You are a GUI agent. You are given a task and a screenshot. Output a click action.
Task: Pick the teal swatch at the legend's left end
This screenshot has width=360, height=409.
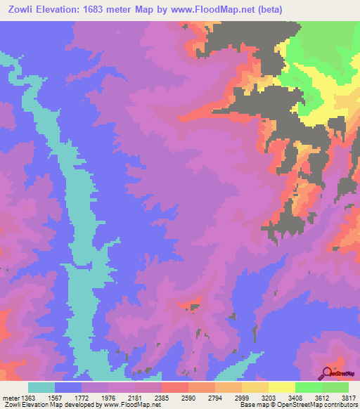pos(41,387)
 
